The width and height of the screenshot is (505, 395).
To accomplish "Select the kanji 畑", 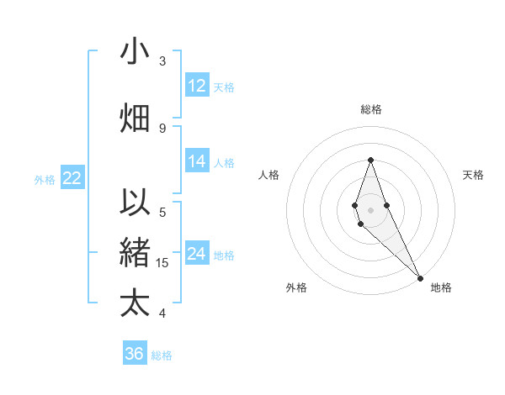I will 135,118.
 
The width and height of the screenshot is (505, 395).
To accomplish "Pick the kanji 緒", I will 135,252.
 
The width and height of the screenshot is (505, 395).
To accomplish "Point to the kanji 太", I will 135,303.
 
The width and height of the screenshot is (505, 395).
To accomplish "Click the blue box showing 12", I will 197,86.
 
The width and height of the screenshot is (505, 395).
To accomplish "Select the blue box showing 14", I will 197,161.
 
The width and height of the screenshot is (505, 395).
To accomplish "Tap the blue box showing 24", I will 197,254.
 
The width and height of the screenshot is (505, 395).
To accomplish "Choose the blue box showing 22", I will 72,178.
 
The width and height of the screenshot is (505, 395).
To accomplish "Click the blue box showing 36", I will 135,354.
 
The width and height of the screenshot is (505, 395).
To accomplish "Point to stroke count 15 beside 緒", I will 163,263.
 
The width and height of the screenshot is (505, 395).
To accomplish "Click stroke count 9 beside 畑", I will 162,128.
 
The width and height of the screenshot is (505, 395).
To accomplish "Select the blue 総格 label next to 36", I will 162,355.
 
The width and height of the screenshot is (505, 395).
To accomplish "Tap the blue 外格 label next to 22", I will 45,179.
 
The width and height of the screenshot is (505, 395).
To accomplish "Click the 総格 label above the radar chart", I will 370,109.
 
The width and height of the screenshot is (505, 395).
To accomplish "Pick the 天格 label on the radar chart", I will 473,175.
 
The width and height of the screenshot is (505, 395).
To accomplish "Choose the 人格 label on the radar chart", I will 268,175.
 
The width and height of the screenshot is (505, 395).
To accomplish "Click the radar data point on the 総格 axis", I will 370,160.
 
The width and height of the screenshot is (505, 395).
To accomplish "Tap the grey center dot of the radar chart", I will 370,210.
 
